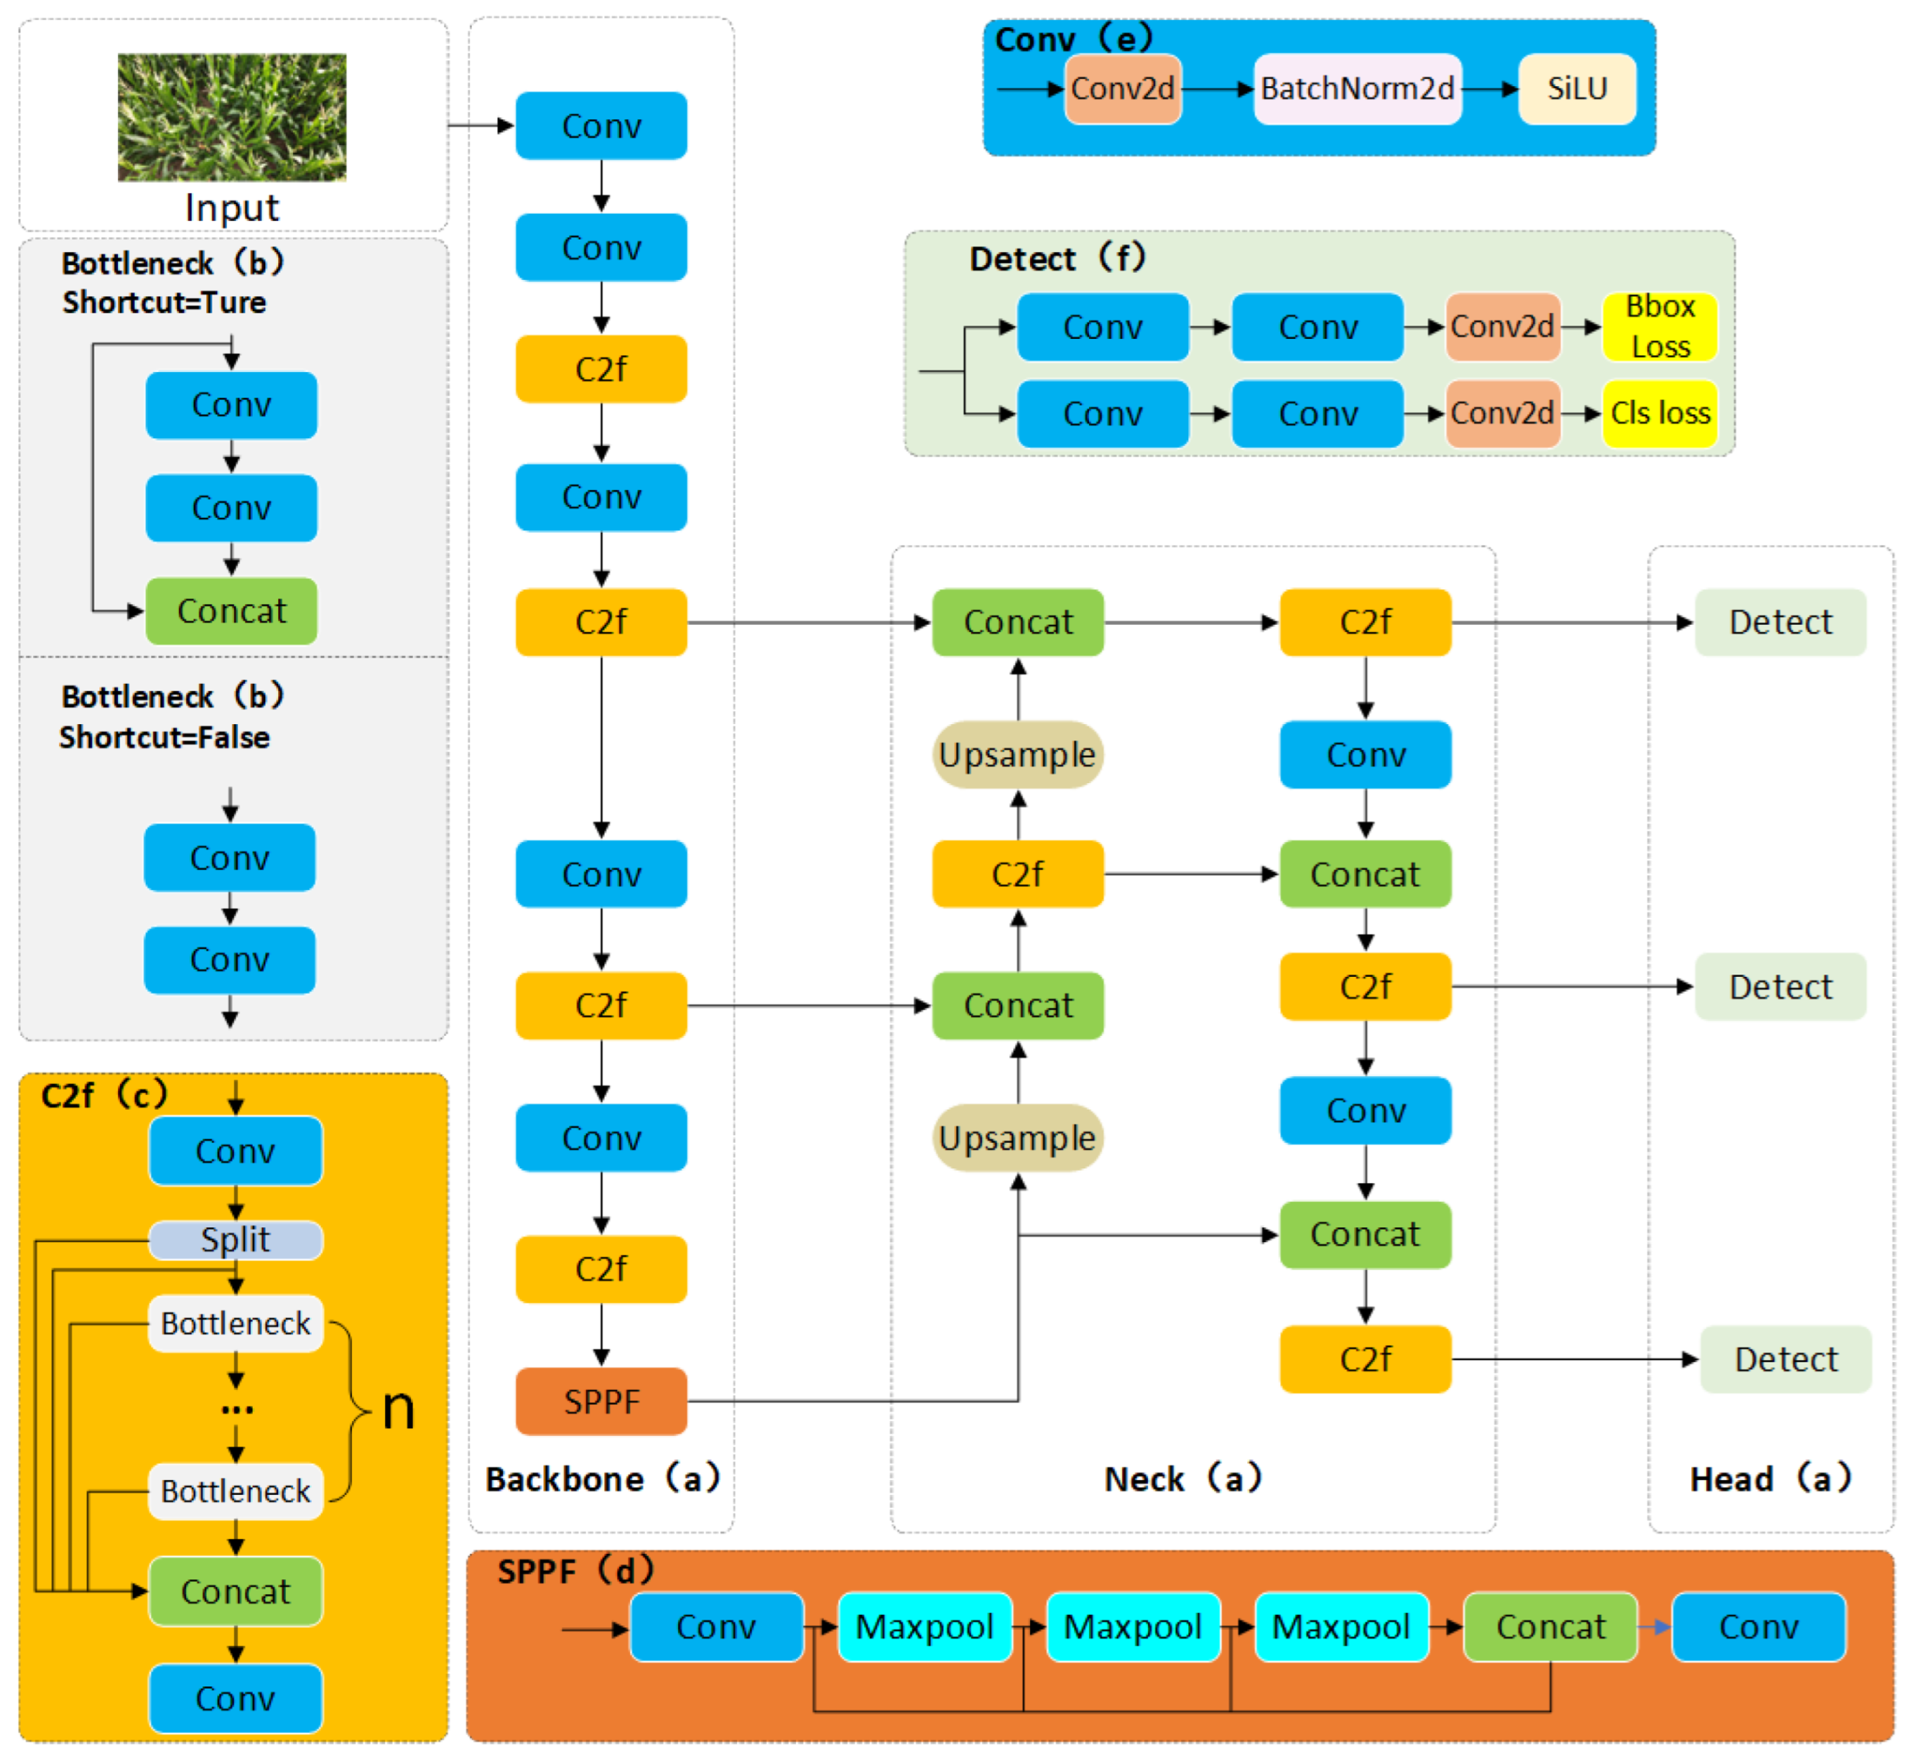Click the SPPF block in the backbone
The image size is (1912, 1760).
pos(601,1401)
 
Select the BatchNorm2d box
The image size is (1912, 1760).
pos(1357,88)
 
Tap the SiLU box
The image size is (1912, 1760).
pos(1577,88)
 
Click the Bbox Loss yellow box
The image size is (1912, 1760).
pos(1659,326)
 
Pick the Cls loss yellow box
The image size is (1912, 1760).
pos(1659,413)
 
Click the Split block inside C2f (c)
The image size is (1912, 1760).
pos(235,1239)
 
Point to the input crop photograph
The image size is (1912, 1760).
pos(232,117)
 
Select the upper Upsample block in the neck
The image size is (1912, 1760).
pos(1017,754)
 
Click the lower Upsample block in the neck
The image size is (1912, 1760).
pos(1017,1137)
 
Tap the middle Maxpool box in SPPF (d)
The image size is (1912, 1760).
pos(1132,1627)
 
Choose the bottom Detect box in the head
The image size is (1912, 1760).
pos(1786,1359)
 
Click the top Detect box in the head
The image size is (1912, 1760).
pos(1779,622)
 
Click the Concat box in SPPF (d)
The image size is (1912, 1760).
pos(1549,1627)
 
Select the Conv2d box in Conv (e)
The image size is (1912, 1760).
pos(1123,88)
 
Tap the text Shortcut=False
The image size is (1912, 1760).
pos(165,737)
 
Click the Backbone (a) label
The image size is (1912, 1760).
pos(601,1478)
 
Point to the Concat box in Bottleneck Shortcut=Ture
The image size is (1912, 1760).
pos(232,610)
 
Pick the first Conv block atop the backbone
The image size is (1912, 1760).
pos(601,126)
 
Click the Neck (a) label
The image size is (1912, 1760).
pos(1182,1478)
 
